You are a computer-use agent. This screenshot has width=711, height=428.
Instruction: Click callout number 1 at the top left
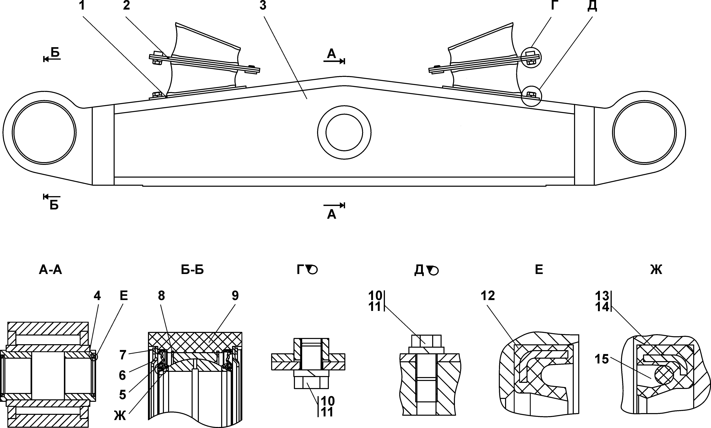point(82,6)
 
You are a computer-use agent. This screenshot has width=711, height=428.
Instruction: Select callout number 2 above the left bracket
point(126,6)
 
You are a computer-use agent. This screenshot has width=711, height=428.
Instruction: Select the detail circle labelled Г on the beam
point(532,58)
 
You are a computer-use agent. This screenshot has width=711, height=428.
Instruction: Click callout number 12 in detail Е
point(488,296)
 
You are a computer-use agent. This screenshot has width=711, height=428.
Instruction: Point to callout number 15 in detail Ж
point(602,359)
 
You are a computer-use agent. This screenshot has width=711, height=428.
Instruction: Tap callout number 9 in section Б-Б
point(235,296)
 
